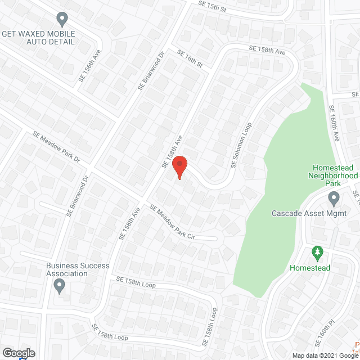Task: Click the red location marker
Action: coord(179,167)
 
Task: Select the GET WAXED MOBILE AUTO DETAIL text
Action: coord(38,38)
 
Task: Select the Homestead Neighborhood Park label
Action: coord(334,175)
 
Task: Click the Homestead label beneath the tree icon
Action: coord(310,268)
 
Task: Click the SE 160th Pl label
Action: coord(326,332)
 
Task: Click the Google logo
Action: coord(18,353)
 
